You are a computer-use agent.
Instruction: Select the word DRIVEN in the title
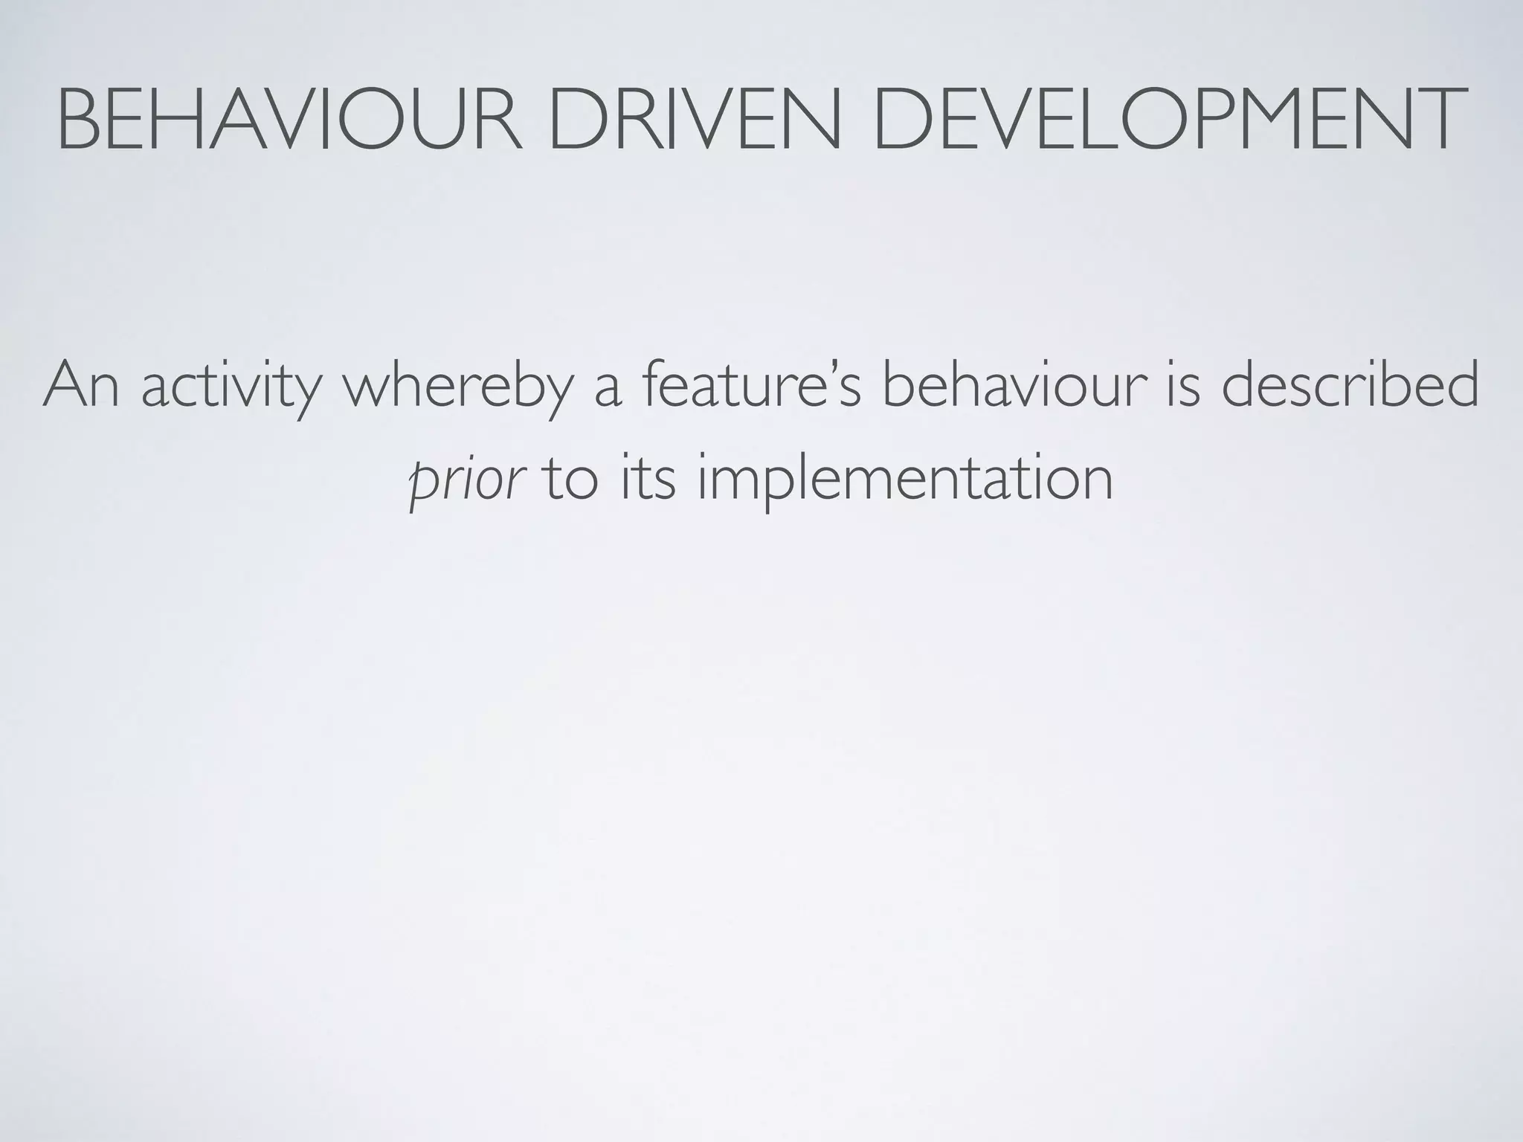point(692,119)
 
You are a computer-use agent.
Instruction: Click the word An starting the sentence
point(81,386)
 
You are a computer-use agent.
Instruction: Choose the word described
point(1350,386)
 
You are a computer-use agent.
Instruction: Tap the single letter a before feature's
point(608,391)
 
